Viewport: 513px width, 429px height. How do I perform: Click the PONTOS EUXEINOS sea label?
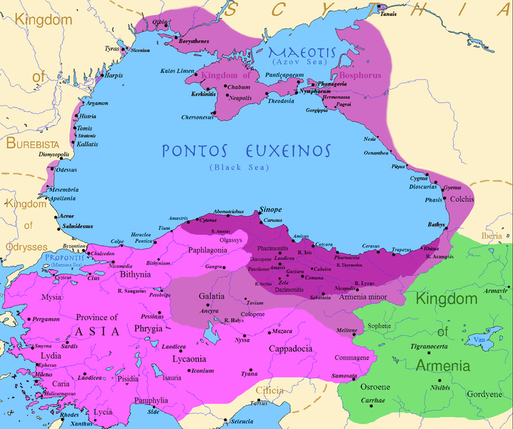pyautogui.click(x=246, y=152)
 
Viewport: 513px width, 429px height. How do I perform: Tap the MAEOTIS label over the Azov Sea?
pyautogui.click(x=300, y=53)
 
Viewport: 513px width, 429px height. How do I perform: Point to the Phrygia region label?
pyautogui.click(x=149, y=329)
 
